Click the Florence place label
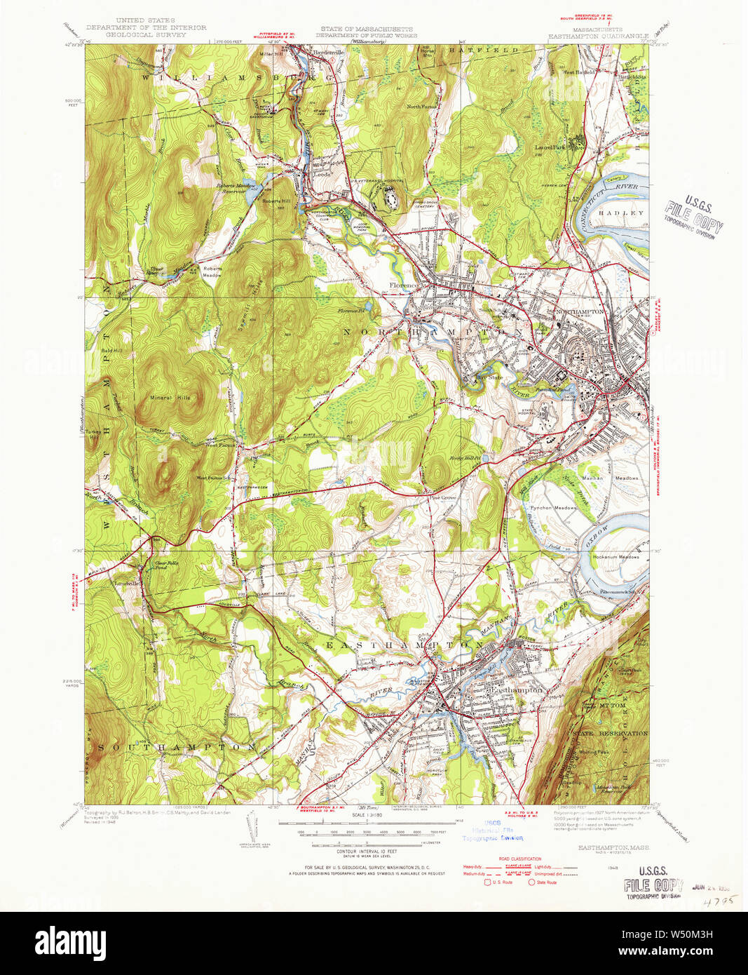(x=404, y=285)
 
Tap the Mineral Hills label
(x=170, y=398)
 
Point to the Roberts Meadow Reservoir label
(x=234, y=189)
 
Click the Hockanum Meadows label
(x=617, y=557)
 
